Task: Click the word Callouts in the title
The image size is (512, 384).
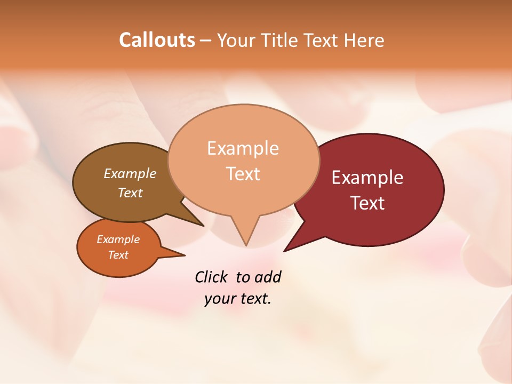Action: pyautogui.click(x=157, y=40)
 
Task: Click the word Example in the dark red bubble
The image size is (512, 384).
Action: pyautogui.click(x=367, y=178)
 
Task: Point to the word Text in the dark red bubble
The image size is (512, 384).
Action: pyautogui.click(x=367, y=203)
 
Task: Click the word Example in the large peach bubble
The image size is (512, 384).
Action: pyautogui.click(x=243, y=148)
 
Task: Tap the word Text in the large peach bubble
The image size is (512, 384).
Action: pyautogui.click(x=243, y=174)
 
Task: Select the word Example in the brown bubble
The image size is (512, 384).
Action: pyautogui.click(x=130, y=173)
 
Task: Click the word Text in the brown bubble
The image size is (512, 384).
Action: pyautogui.click(x=130, y=193)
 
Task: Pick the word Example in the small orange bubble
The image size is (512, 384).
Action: pyautogui.click(x=118, y=239)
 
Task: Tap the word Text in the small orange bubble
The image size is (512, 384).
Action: pyautogui.click(x=118, y=255)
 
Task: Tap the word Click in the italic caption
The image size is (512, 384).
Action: pyautogui.click(x=212, y=277)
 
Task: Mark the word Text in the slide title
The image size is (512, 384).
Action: pyautogui.click(x=322, y=40)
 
